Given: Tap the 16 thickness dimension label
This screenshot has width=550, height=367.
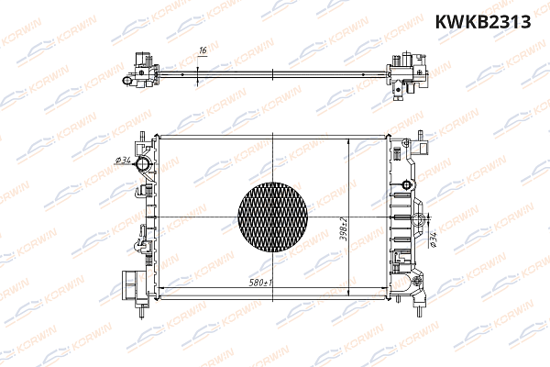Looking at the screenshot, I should click(203, 52).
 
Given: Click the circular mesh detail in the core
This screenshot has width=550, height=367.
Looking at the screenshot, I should click(275, 217).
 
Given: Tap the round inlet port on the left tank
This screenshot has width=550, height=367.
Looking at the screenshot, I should click(142, 165).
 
